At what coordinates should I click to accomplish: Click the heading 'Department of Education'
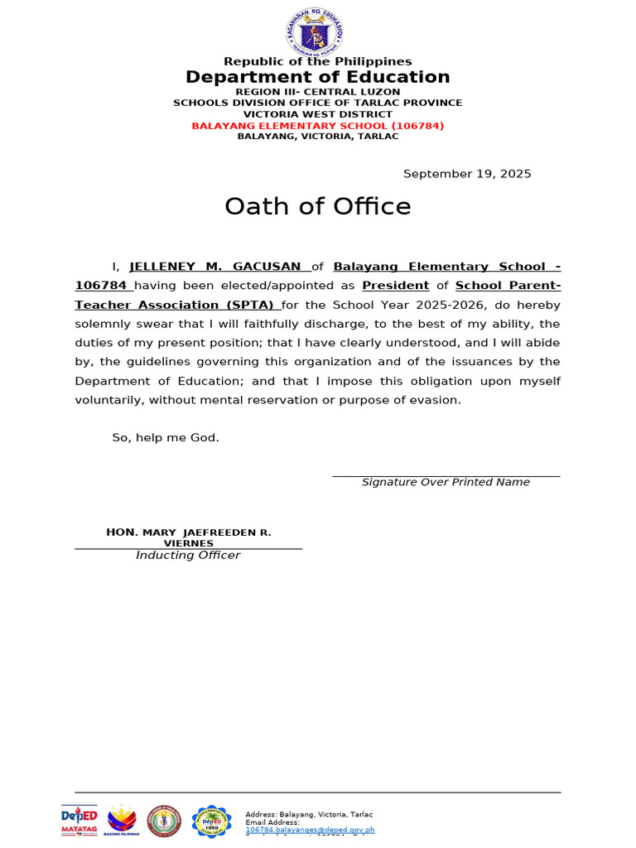(x=317, y=77)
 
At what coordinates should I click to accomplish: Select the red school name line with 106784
(x=317, y=126)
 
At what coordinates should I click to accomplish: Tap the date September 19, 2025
(x=467, y=174)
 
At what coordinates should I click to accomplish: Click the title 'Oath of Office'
(x=317, y=206)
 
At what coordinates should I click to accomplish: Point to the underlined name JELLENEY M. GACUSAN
(x=215, y=267)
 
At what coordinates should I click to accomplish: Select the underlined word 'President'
(x=396, y=286)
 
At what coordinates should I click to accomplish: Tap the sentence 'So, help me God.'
(x=166, y=437)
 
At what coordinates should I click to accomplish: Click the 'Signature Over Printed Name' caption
(x=446, y=482)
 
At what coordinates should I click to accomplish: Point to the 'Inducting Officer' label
(x=188, y=555)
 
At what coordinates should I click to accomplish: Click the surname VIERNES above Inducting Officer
(x=188, y=543)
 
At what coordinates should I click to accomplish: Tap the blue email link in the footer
(x=310, y=830)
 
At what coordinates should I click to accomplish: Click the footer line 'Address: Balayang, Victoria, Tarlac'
(x=309, y=815)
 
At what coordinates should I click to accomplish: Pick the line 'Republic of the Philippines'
(x=317, y=61)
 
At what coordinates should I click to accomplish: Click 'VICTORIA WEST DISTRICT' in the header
(x=317, y=114)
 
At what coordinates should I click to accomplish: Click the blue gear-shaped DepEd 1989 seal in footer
(x=211, y=821)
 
